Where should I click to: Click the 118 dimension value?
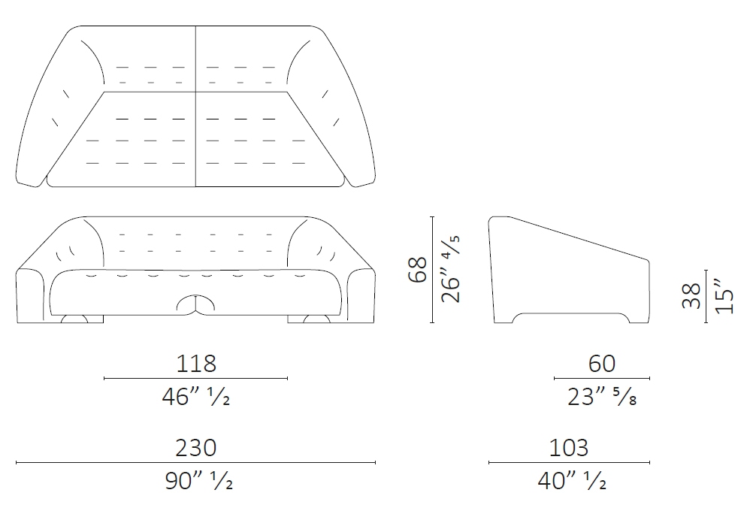196,364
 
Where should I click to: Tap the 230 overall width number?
196,448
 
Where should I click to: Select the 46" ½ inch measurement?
196,397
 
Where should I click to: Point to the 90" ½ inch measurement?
198,481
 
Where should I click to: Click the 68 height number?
418,270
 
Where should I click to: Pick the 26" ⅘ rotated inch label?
451,269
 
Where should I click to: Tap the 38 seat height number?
691,296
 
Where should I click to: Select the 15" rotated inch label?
724,296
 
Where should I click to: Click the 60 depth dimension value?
602,364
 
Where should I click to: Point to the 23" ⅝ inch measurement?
602,397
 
